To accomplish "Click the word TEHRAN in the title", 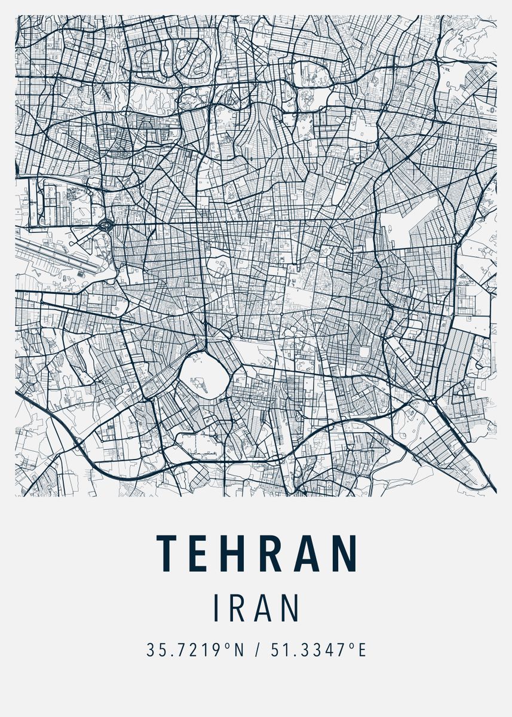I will [x=257, y=552].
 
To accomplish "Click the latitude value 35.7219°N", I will [x=196, y=650].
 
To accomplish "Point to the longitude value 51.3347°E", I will [x=318, y=650].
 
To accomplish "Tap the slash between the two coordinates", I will [x=257, y=650].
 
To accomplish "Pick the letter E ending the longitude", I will [x=361, y=650].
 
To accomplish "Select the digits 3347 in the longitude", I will [x=326, y=650].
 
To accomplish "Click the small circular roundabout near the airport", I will [x=106, y=226].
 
